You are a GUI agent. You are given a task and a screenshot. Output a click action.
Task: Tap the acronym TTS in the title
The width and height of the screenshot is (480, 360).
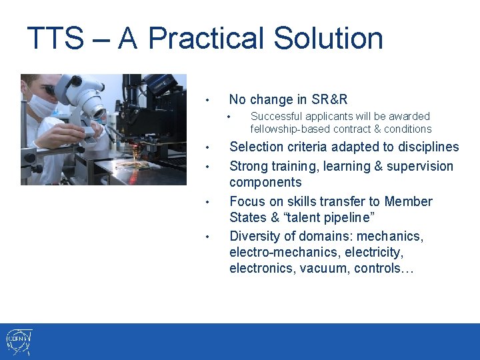point(55,39)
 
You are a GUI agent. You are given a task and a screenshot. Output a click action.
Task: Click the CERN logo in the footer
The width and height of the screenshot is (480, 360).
point(19,342)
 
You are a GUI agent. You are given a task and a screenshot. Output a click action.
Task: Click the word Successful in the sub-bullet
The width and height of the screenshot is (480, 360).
point(274,116)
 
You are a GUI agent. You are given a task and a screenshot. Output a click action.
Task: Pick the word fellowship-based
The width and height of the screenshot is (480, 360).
point(289,129)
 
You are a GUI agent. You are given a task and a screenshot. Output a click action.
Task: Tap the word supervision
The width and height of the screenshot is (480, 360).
point(419,166)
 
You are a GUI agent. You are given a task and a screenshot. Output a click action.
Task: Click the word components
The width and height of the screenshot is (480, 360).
point(265,182)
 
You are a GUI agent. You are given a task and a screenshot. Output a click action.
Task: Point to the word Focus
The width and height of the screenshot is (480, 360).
point(247,201)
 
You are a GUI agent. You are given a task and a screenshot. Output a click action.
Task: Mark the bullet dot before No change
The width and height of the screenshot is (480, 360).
point(208,101)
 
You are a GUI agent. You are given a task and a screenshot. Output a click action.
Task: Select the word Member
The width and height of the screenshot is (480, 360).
point(409,201)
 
